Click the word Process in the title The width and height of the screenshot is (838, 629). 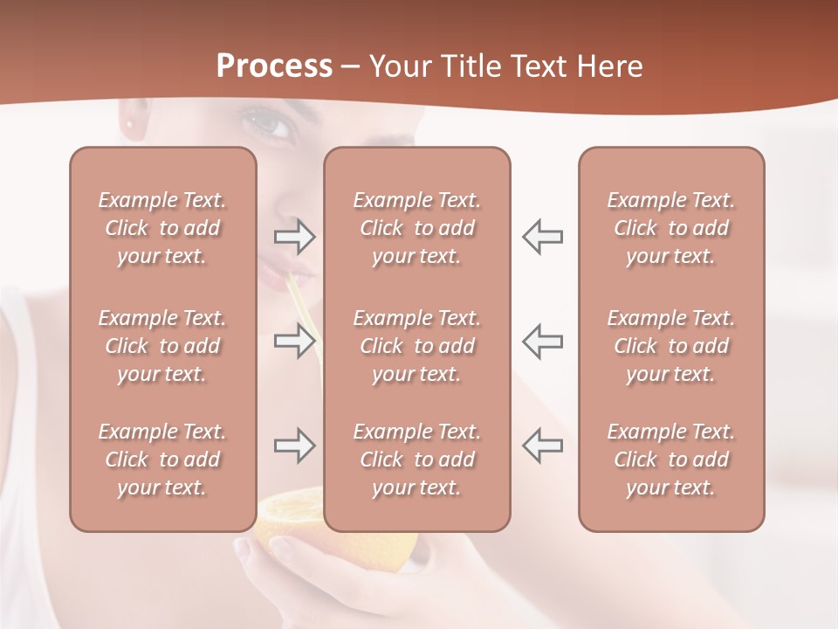click(x=274, y=66)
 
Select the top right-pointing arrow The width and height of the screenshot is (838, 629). click(x=294, y=237)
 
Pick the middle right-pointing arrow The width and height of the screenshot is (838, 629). click(x=294, y=341)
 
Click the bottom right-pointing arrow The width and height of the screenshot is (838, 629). click(x=294, y=446)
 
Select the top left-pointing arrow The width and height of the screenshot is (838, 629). click(x=542, y=237)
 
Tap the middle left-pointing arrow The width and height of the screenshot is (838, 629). click(x=542, y=341)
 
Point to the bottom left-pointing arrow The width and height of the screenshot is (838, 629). click(x=542, y=446)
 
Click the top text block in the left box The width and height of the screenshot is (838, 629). click(x=162, y=228)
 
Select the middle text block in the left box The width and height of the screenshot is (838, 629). click(x=162, y=346)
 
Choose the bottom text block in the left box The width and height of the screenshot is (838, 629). click(x=162, y=460)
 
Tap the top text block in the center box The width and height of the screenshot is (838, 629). click(x=416, y=228)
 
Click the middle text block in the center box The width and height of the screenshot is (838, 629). click(x=416, y=346)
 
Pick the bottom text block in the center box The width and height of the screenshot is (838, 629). click(x=416, y=460)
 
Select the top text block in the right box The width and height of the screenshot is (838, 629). click(x=670, y=228)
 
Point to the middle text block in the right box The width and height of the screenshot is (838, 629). click(x=670, y=346)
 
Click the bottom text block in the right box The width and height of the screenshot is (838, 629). click(x=670, y=460)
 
